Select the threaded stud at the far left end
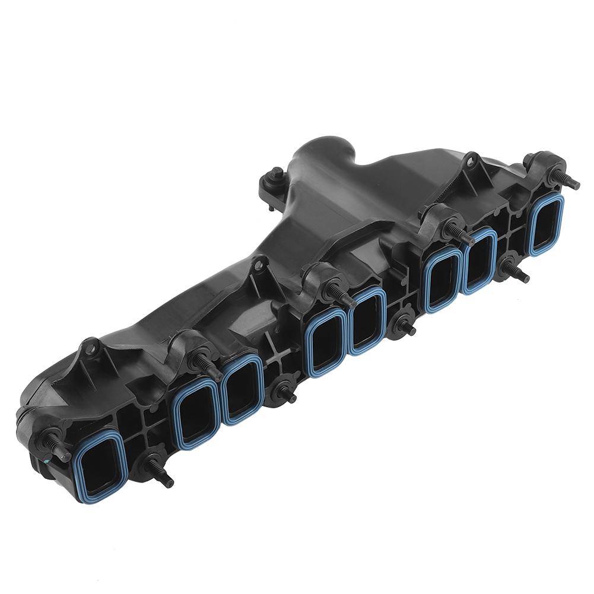52,444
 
